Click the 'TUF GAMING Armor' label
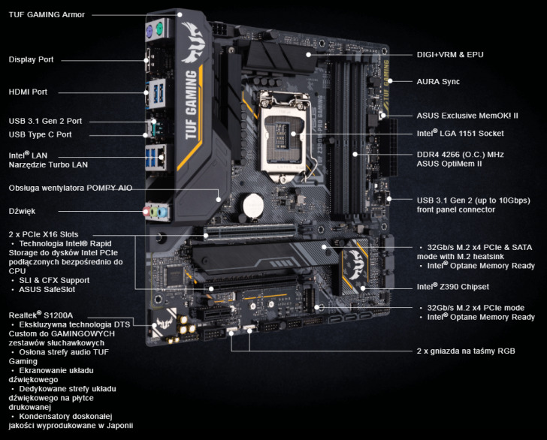[x=47, y=15]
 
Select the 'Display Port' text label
[x=31, y=59]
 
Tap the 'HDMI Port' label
[x=28, y=92]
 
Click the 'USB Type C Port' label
[x=40, y=134]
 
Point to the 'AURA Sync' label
[x=438, y=82]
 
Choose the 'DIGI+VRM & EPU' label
[x=450, y=55]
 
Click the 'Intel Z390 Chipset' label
[x=453, y=287]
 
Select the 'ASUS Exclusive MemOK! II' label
[x=467, y=116]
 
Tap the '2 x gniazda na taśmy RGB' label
[x=466, y=351]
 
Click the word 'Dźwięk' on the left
[x=22, y=211]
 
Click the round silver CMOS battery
[x=253, y=206]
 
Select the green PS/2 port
[x=159, y=29]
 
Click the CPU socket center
[x=283, y=137]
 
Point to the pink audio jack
[x=147, y=211]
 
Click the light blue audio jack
[x=162, y=212]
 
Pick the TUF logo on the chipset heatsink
[x=355, y=264]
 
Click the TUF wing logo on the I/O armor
[x=193, y=43]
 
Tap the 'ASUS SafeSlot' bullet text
[x=47, y=289]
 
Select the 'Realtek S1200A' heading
[x=41, y=315]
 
